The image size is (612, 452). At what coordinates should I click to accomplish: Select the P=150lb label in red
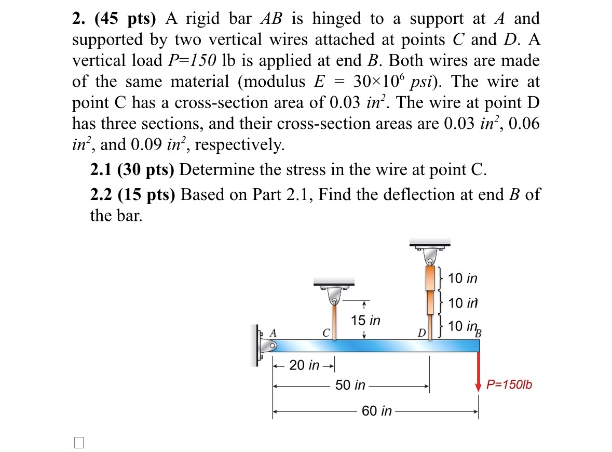509,385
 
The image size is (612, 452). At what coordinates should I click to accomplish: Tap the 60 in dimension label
377,411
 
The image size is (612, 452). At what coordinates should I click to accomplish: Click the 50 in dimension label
350,385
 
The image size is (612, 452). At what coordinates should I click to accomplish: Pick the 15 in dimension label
365,321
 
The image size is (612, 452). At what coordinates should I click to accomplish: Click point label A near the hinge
273,333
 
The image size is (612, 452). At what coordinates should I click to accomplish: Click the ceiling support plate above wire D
430,243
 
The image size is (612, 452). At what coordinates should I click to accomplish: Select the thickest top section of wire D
430,278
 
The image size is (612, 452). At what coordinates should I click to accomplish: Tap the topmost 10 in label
463,278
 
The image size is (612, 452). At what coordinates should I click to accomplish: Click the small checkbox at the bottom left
78,442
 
